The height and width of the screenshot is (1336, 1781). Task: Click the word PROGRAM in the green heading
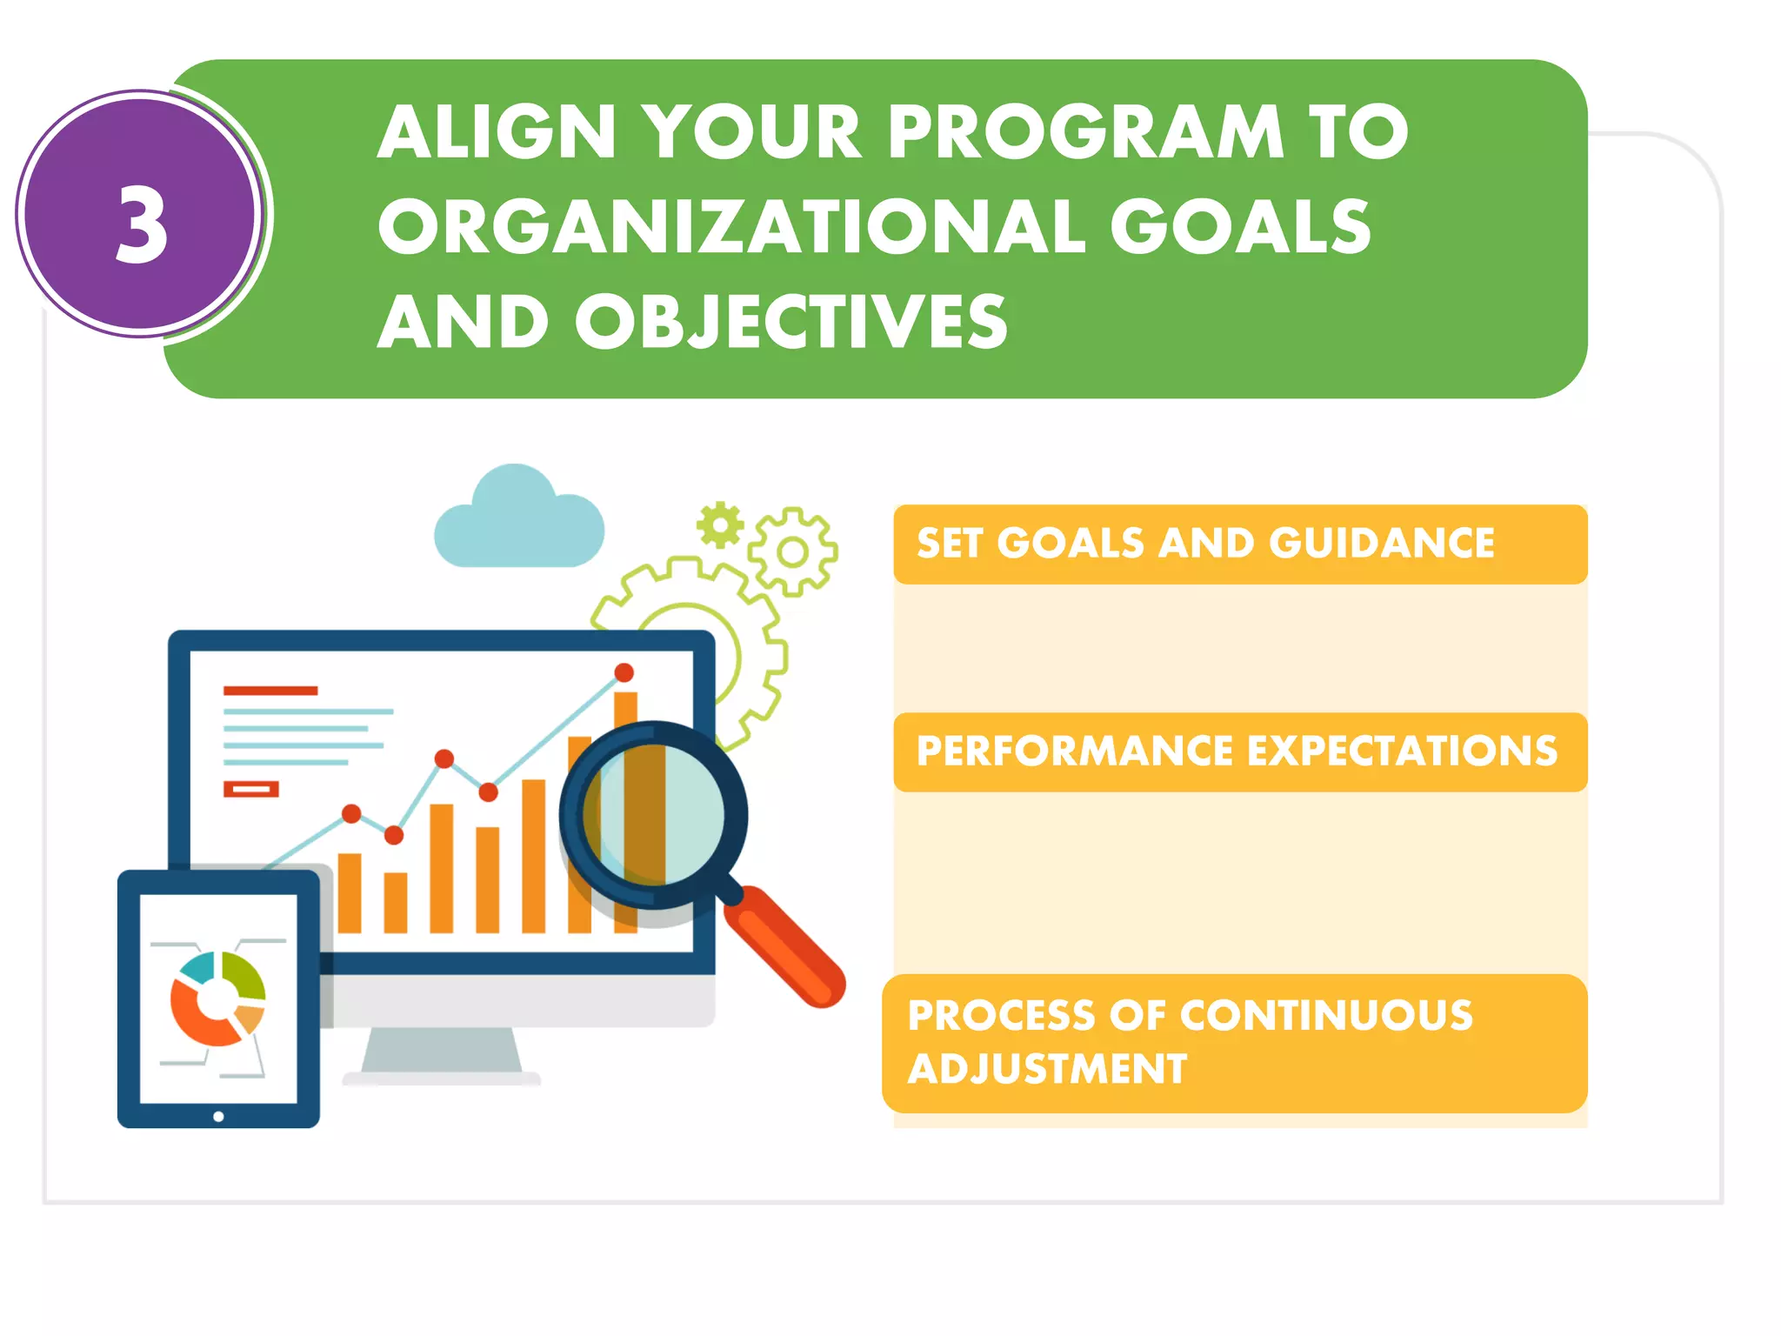coord(1084,133)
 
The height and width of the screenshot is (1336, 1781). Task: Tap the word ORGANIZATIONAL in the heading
coord(731,227)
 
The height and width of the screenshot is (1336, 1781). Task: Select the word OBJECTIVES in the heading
coord(790,322)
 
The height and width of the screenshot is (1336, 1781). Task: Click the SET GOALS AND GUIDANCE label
coord(1205,544)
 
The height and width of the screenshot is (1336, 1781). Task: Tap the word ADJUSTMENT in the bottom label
coord(1047,1069)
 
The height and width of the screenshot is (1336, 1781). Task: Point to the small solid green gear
coord(720,525)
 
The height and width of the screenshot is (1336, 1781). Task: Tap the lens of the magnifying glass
coord(654,816)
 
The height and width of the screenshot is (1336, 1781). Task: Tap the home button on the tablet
coord(218,1116)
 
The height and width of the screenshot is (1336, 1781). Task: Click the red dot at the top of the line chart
coord(624,672)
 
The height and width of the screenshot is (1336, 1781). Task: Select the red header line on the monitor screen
coord(270,691)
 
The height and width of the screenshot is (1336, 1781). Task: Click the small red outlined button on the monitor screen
coord(250,790)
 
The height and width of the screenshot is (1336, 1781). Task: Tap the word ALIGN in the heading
coord(497,133)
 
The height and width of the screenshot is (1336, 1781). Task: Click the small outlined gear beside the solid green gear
coord(792,551)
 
